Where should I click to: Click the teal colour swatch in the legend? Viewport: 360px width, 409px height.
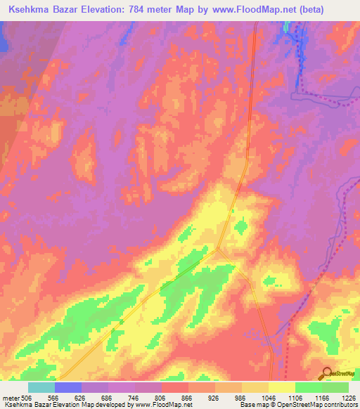pos(41,387)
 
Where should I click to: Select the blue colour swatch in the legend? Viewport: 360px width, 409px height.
pos(68,387)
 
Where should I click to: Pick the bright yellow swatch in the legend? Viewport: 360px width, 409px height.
pos(282,387)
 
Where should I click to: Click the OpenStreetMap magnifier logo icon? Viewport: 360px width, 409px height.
pos(326,372)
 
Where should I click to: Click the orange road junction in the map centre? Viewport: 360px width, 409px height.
pos(219,247)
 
